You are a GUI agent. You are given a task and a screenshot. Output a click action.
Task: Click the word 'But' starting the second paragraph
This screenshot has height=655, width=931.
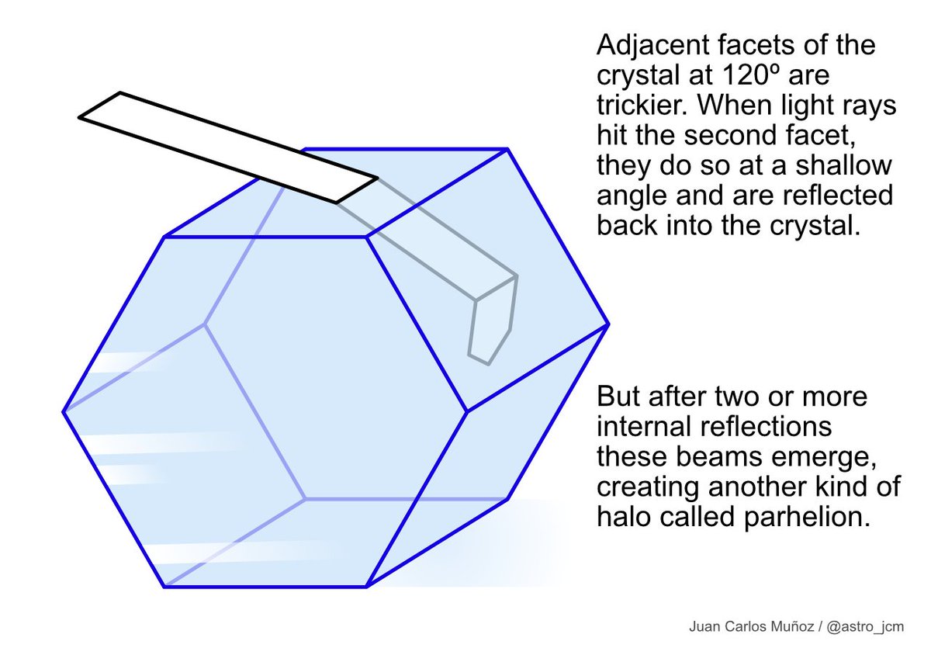tap(618, 397)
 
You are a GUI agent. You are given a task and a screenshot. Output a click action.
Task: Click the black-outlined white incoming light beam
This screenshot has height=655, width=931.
tap(225, 147)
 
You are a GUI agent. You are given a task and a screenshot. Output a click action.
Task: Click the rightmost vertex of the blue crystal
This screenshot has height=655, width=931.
tap(608, 323)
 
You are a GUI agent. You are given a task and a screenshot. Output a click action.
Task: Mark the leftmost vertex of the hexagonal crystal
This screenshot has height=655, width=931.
tap(63, 411)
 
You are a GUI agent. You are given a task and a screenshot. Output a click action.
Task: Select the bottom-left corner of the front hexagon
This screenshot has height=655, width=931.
tap(164, 587)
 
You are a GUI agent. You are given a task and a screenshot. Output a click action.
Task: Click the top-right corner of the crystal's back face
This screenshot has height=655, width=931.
tap(507, 148)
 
